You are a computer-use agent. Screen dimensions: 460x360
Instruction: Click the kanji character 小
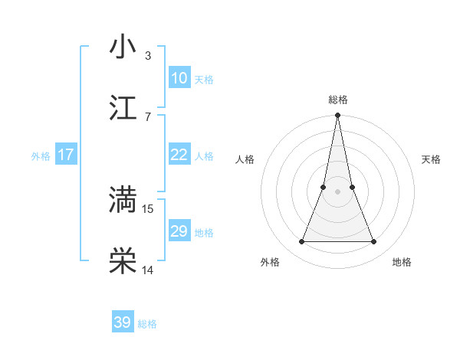click(x=123, y=47)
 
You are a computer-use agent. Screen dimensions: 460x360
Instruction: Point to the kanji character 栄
click(x=123, y=260)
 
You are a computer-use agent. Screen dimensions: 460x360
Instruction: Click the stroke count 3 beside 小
click(x=148, y=56)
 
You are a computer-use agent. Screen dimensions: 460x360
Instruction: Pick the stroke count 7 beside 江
click(x=148, y=116)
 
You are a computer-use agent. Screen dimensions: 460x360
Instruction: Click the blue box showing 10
click(x=179, y=78)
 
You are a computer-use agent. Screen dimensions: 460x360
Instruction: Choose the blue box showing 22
click(x=179, y=155)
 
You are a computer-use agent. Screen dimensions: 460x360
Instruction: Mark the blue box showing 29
click(x=179, y=231)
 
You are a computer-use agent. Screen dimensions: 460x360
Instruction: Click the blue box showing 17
click(x=66, y=155)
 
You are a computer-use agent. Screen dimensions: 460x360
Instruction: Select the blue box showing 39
click(x=123, y=322)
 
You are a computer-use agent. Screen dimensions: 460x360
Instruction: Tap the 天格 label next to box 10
click(x=204, y=80)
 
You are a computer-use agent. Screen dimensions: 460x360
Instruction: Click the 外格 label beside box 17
click(x=41, y=156)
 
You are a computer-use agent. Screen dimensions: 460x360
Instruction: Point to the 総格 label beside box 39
click(x=147, y=324)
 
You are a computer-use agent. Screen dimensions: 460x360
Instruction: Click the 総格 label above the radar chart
click(x=337, y=100)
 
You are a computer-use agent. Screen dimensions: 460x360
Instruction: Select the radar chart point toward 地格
click(x=374, y=242)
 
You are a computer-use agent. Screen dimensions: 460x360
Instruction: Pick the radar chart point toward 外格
click(x=301, y=242)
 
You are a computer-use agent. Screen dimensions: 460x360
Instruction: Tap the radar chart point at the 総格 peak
click(x=337, y=116)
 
